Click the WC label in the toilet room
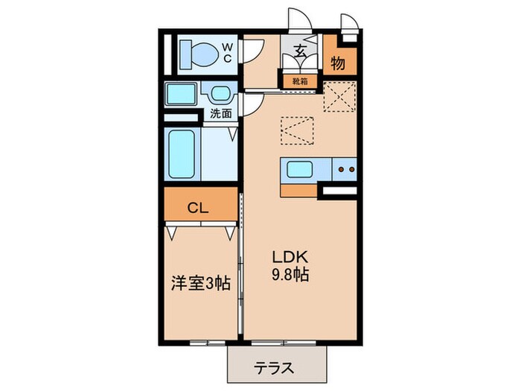pyautogui.click(x=228, y=53)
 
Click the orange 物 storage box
pyautogui.click(x=339, y=63)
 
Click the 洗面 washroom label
pyautogui.click(x=220, y=114)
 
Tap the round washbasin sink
pyautogui.click(x=220, y=95)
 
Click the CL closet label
pyautogui.click(x=196, y=208)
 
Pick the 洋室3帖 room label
pyautogui.click(x=201, y=284)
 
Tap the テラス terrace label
pyautogui.click(x=275, y=368)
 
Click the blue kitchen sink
pyautogui.click(x=304, y=171)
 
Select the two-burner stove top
pyautogui.click(x=344, y=170)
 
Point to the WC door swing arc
pyautogui.click(x=254, y=49)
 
